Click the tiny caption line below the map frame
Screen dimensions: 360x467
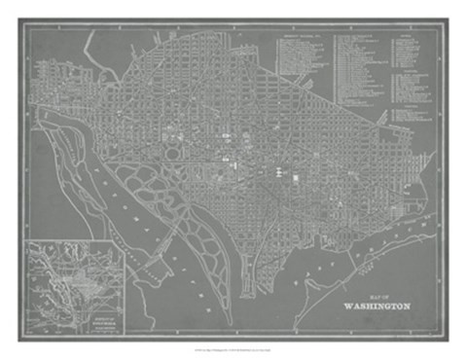[x=233, y=351]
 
